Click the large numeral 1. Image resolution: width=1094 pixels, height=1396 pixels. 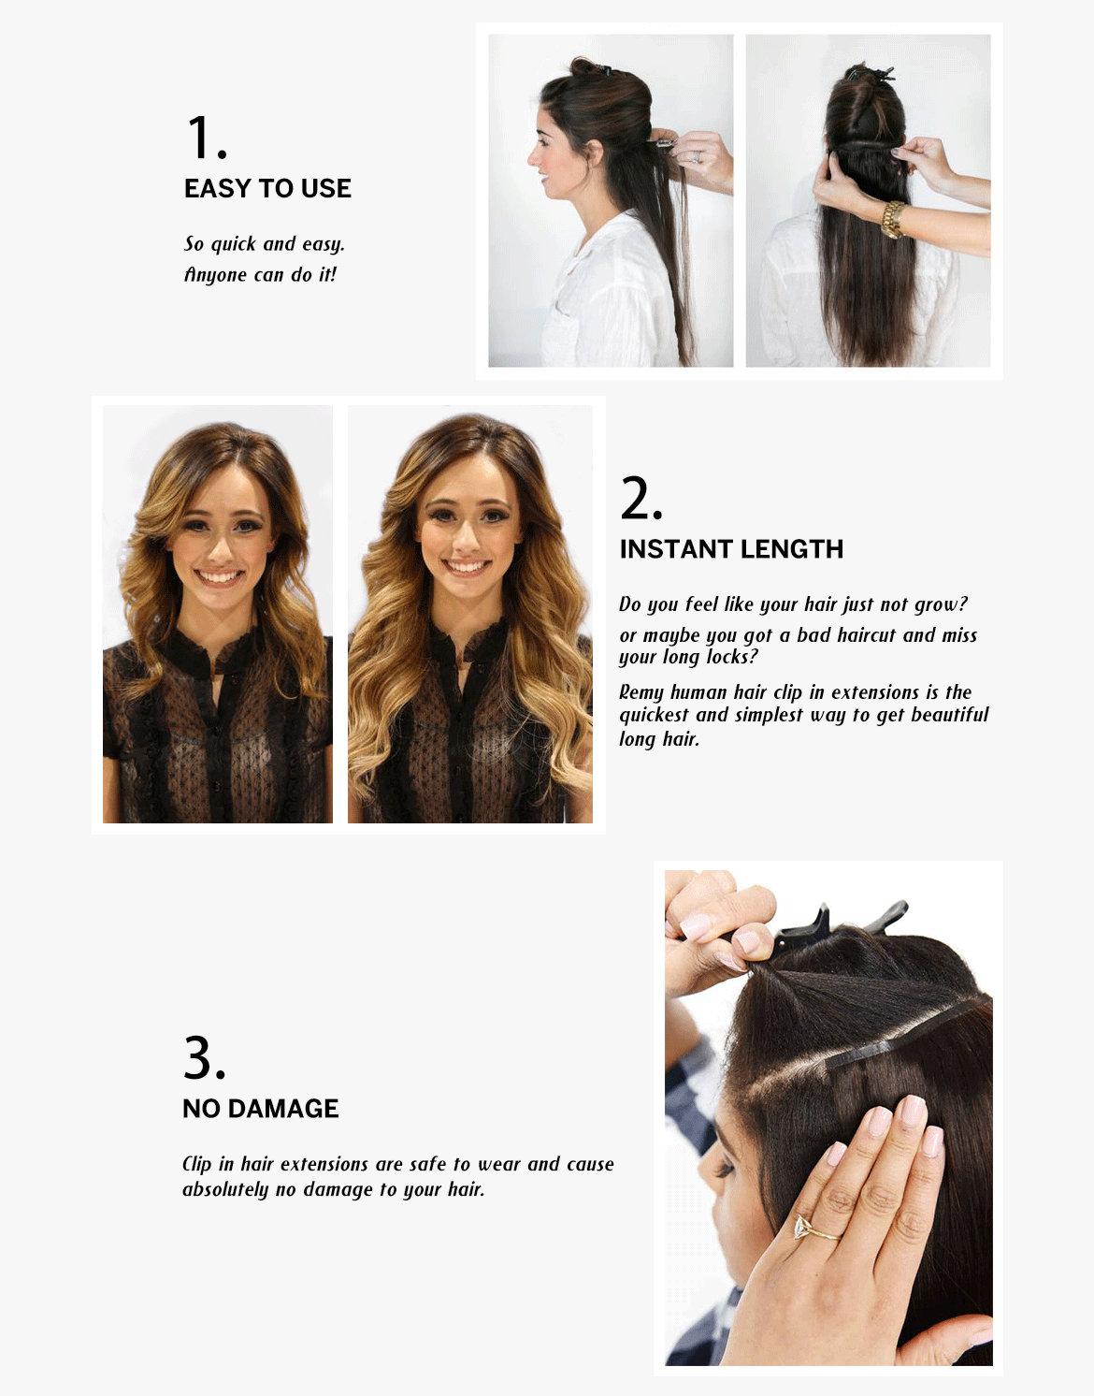[206, 138]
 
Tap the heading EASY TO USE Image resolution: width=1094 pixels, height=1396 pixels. [267, 188]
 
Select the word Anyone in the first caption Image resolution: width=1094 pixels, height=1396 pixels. [216, 275]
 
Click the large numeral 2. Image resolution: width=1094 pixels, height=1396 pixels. [641, 498]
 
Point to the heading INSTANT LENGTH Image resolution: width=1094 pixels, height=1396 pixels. [731, 549]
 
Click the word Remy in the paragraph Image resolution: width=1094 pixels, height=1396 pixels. [641, 693]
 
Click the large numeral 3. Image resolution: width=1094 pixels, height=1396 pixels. [204, 1058]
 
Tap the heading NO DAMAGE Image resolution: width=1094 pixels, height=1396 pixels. [261, 1109]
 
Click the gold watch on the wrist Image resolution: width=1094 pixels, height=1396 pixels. [893, 219]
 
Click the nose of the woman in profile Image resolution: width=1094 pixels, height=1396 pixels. [532, 156]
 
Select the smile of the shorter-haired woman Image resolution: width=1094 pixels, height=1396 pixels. [218, 576]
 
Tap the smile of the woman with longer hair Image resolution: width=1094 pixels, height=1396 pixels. [466, 566]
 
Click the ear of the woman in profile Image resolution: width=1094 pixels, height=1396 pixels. [592, 153]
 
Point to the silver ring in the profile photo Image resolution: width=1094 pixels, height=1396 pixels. [696, 156]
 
